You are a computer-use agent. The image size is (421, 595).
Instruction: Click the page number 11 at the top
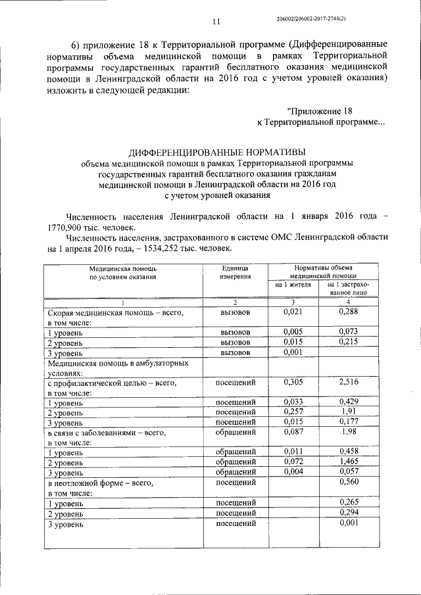click(x=214, y=23)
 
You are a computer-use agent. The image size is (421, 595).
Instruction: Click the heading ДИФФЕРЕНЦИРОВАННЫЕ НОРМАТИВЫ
click(x=216, y=152)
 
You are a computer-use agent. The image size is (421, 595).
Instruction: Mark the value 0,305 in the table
click(x=291, y=381)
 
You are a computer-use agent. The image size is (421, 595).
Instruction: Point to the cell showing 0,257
click(x=291, y=412)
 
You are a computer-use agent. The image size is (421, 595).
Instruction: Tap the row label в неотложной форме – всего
click(x=100, y=483)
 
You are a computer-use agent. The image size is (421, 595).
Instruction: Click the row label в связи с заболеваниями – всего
click(x=106, y=433)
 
